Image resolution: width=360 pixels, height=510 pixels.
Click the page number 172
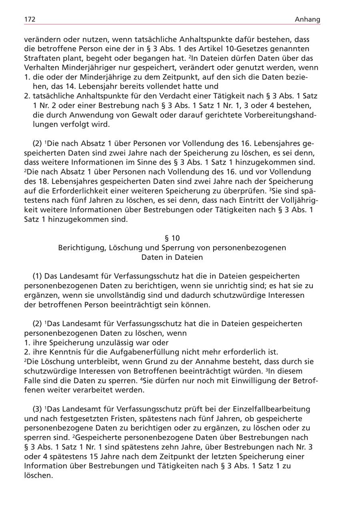[30, 19]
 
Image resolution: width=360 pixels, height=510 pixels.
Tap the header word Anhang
[308, 19]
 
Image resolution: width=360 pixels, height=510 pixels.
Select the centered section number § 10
[172, 239]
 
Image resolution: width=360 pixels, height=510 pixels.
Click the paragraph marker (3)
[38, 409]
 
